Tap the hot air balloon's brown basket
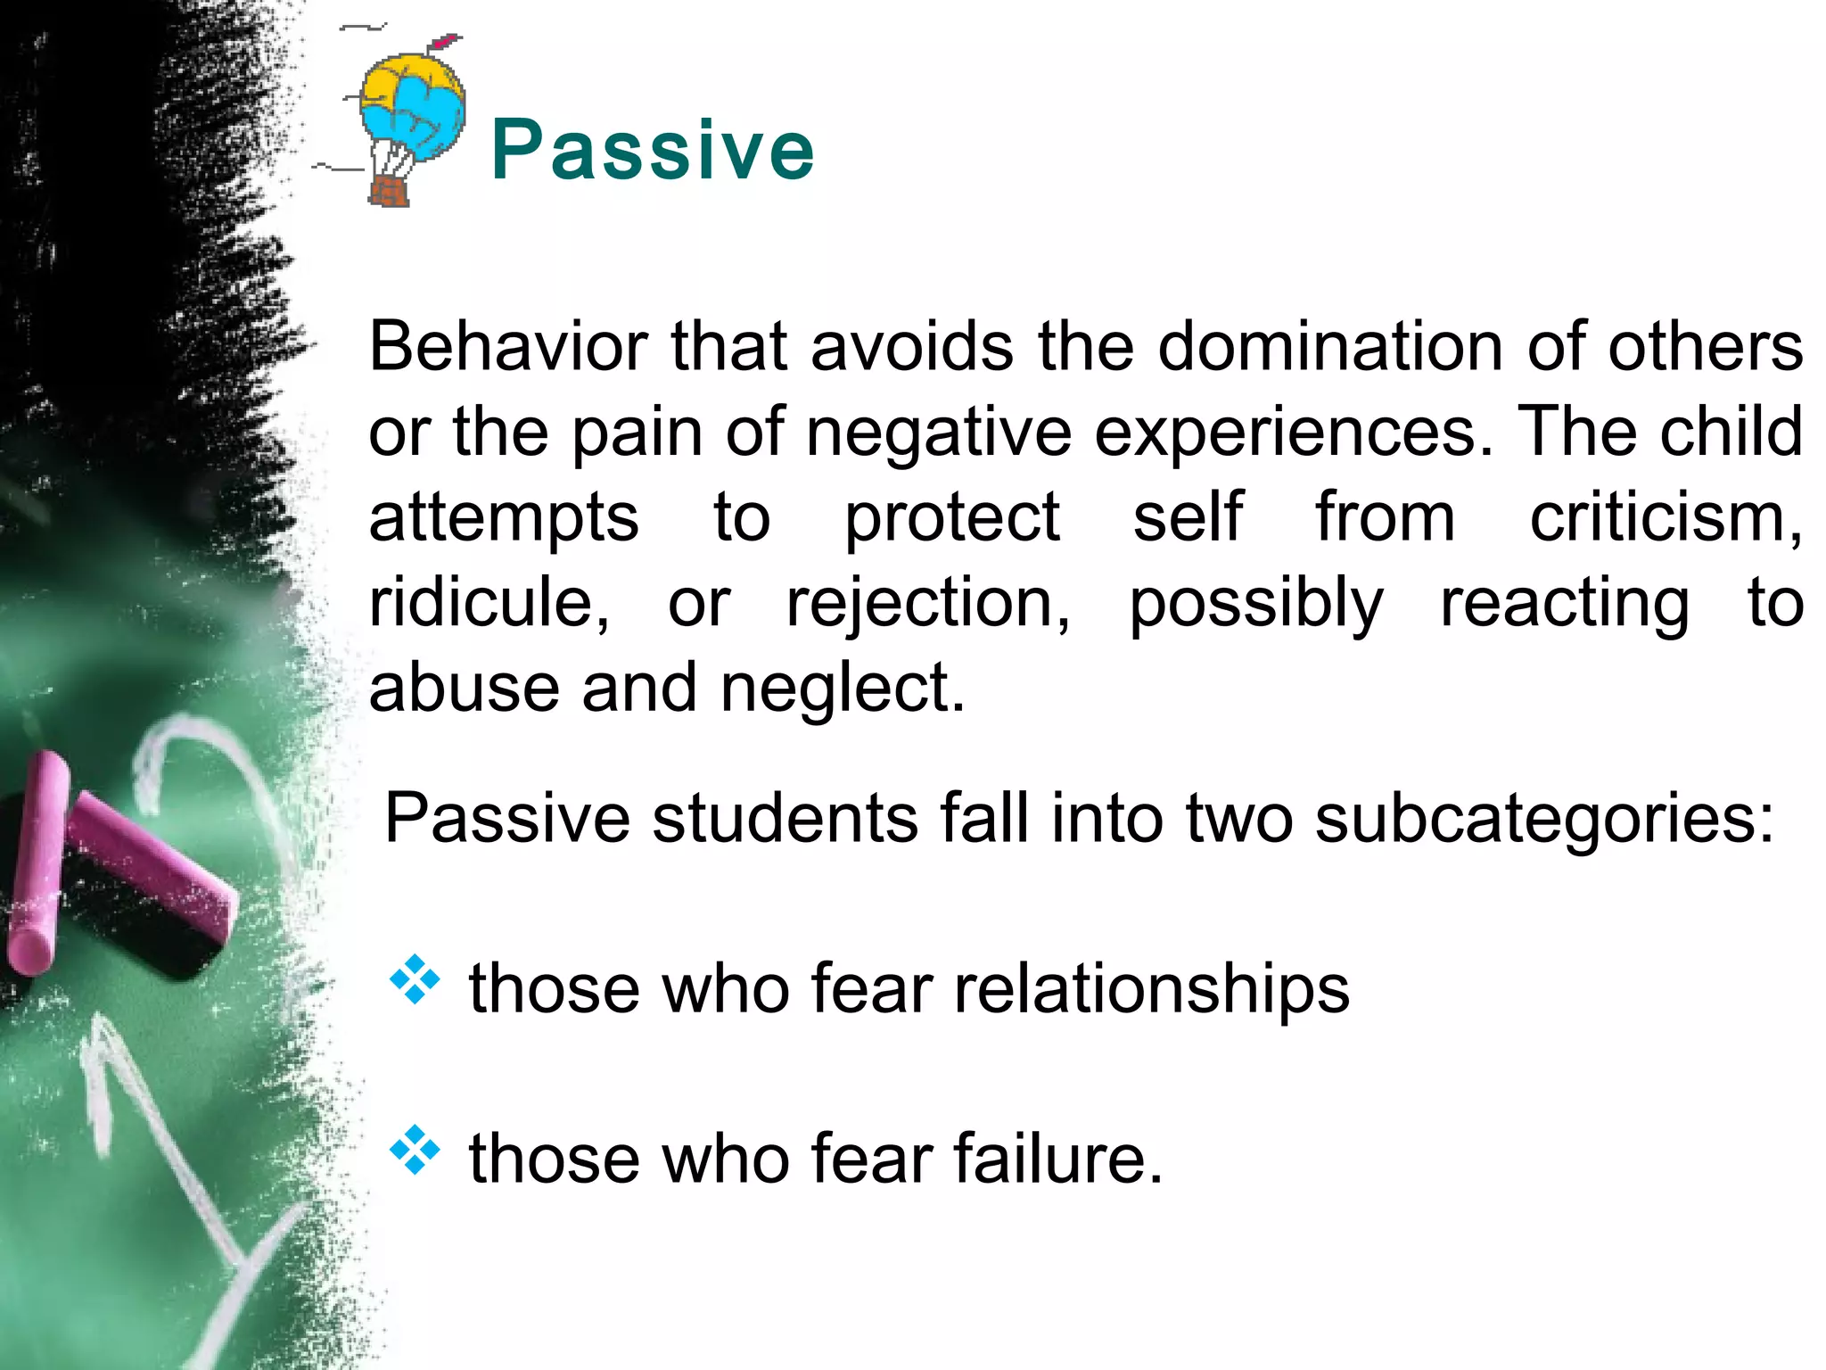tap(390, 191)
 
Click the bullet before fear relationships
tap(415, 979)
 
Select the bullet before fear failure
tap(415, 1149)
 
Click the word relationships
tap(1152, 988)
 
